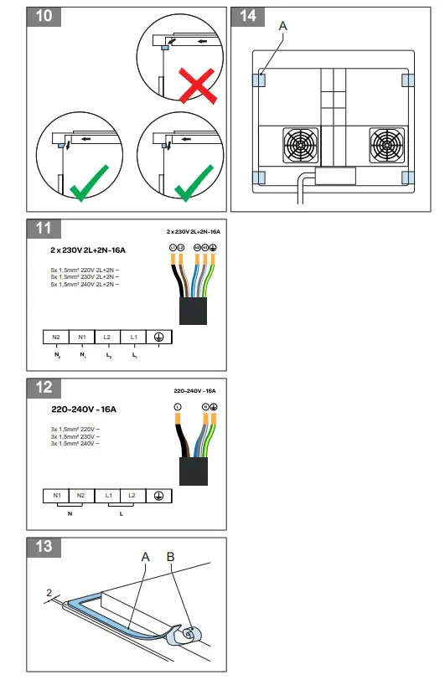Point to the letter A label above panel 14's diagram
point(282,28)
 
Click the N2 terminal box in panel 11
point(56,337)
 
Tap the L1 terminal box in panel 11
point(133,337)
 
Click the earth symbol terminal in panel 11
point(159,337)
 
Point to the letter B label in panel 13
point(173,556)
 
